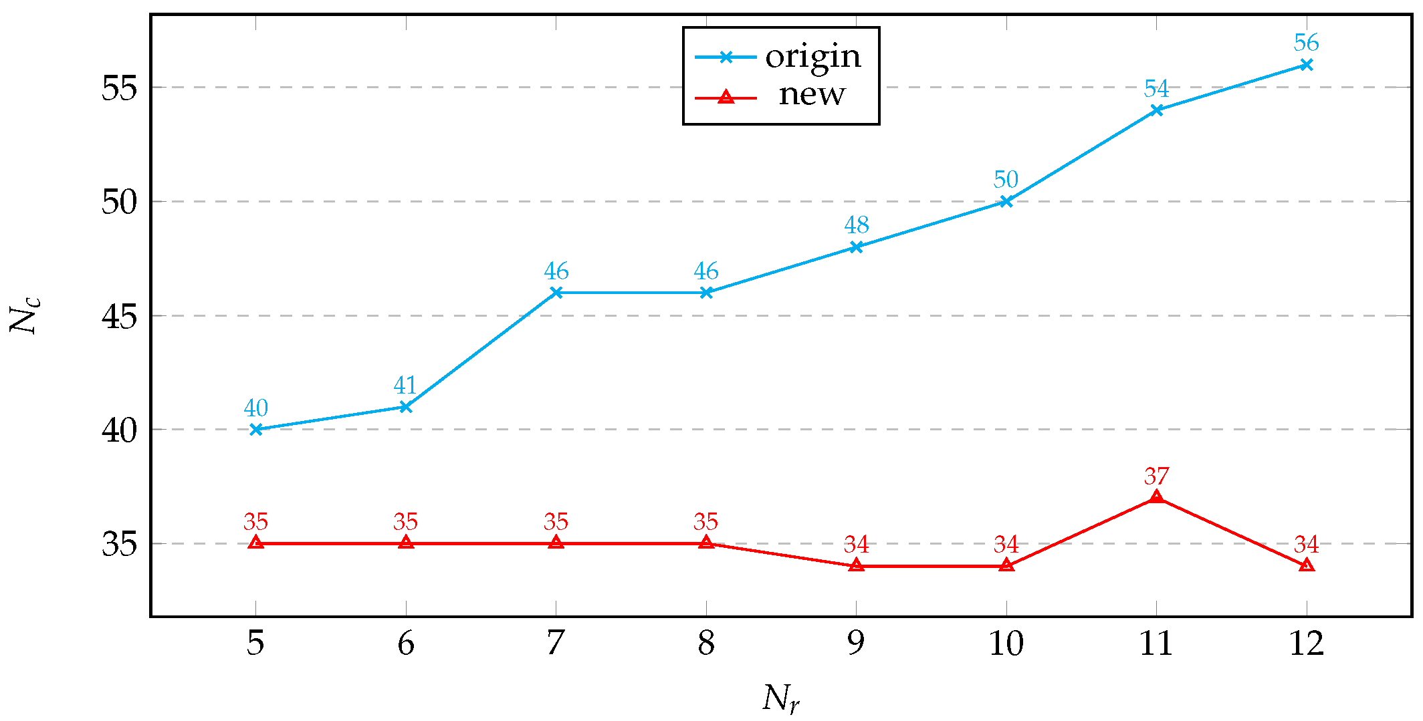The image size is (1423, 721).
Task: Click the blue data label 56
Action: pos(1306,43)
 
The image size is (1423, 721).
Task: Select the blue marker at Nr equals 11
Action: pos(1156,110)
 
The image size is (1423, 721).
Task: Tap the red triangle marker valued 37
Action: pos(1156,497)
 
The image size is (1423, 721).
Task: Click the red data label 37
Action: pos(1156,476)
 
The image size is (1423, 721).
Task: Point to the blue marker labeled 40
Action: pos(255,430)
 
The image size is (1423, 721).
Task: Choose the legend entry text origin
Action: pos(812,57)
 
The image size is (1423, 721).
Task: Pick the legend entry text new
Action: pos(812,95)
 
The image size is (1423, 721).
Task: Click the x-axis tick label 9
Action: pos(856,643)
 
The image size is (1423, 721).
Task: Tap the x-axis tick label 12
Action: pos(1306,643)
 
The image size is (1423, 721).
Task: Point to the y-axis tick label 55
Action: pos(119,88)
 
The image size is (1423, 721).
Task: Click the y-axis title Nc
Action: pos(25,315)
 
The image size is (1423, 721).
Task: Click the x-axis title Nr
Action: pos(780,699)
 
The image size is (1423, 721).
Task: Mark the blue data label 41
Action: pos(405,386)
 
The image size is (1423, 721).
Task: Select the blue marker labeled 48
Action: pos(856,247)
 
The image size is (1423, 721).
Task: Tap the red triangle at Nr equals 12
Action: pos(1306,565)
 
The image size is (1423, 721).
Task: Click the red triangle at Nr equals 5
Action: pos(255,543)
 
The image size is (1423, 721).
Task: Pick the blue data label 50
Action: pos(1006,180)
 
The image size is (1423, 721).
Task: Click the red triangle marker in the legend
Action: pos(726,98)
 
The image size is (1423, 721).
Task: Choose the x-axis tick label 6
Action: pos(406,643)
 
